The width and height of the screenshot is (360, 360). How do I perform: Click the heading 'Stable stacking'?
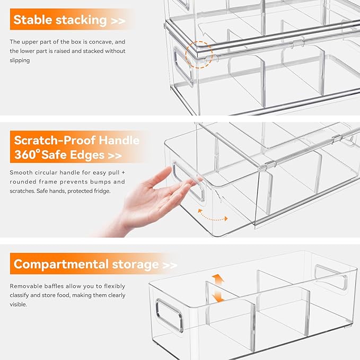point(59,20)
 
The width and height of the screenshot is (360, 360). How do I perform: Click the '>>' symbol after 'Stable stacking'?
point(119,21)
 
